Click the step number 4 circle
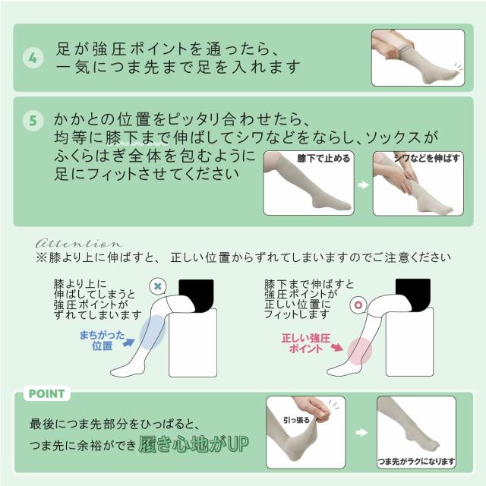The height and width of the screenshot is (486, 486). pyautogui.click(x=33, y=58)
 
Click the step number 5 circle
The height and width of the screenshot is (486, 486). pyautogui.click(x=33, y=121)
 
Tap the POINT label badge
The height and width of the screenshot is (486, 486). pyautogui.click(x=47, y=393)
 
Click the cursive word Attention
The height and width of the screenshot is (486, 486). pyautogui.click(x=79, y=243)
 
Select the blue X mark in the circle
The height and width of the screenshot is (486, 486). pyautogui.click(x=158, y=286)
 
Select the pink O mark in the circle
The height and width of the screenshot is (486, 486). pyautogui.click(x=358, y=305)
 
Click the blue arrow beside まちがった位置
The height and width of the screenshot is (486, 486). pyautogui.click(x=129, y=342)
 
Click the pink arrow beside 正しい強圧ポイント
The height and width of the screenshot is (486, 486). pyautogui.click(x=337, y=347)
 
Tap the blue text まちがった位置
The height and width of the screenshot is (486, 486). pyautogui.click(x=102, y=340)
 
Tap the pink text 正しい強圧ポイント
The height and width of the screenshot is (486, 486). pyautogui.click(x=306, y=343)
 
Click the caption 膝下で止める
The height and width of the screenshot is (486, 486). pyautogui.click(x=323, y=159)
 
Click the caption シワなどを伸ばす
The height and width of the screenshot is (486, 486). pyautogui.click(x=427, y=158)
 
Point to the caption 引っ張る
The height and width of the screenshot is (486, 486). pyautogui.click(x=296, y=420)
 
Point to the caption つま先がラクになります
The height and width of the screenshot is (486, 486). pyautogui.click(x=416, y=462)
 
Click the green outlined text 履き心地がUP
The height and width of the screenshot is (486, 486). pyautogui.click(x=194, y=443)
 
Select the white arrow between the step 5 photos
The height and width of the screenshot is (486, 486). pyautogui.click(x=363, y=185)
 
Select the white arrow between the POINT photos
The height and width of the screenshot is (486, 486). pyautogui.click(x=361, y=432)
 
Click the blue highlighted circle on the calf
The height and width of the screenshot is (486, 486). pyautogui.click(x=153, y=333)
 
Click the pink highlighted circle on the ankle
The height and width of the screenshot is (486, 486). pyautogui.click(x=359, y=351)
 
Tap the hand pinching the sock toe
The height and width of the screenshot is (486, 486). pyautogui.click(x=314, y=409)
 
